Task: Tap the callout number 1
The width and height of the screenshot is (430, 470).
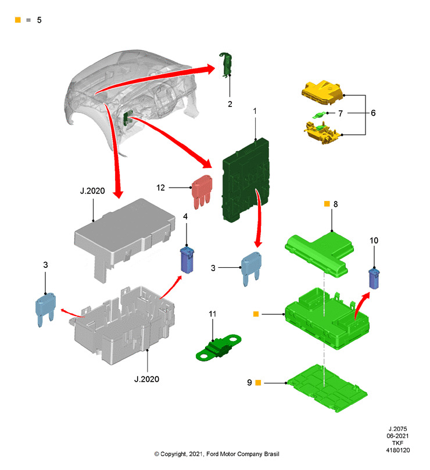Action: pos(254,110)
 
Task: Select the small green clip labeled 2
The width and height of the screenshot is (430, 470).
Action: pos(227,64)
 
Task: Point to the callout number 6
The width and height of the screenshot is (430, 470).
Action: pos(373,113)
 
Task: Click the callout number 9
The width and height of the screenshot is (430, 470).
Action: pos(249,383)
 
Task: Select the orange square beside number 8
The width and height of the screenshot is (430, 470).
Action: pos(327,204)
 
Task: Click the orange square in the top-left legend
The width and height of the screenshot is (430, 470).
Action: pos(17,20)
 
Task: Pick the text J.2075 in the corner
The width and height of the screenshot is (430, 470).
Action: pos(398,427)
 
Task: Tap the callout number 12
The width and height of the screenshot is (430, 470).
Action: pos(161,187)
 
